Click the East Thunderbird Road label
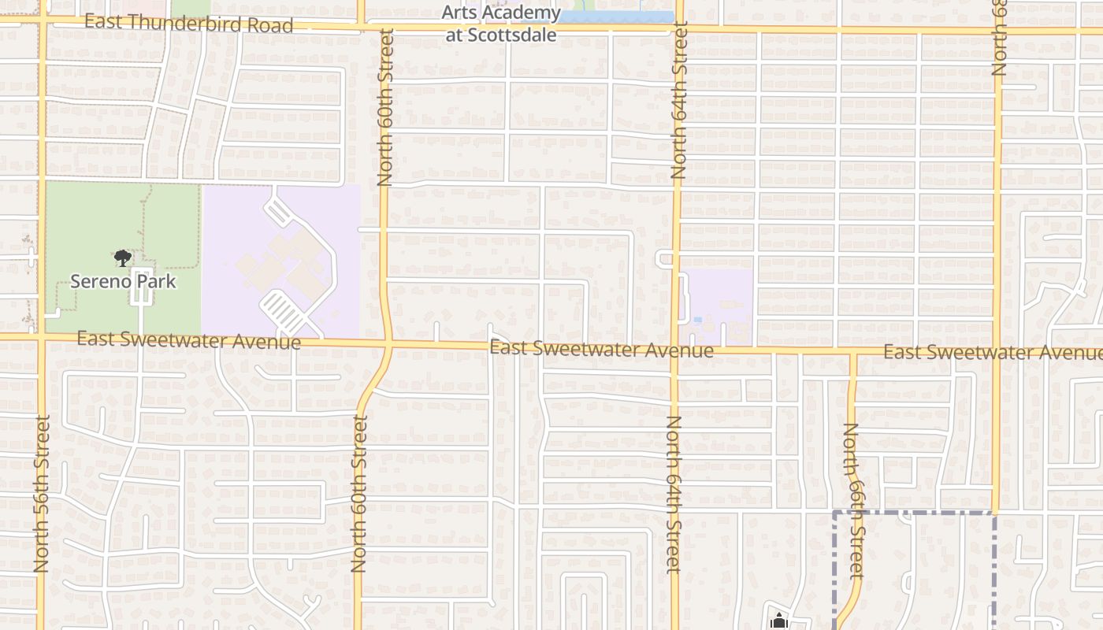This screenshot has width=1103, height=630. [x=188, y=23]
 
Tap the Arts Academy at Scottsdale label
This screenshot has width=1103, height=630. [x=501, y=24]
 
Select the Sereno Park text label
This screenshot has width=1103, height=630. [x=123, y=281]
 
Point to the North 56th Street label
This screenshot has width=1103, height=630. [x=43, y=494]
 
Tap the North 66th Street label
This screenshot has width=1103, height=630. [x=853, y=501]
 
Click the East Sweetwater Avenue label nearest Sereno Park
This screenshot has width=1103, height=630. [x=189, y=340]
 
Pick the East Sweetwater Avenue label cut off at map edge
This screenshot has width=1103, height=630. [x=992, y=352]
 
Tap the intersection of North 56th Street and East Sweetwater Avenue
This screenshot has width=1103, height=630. [x=41, y=336]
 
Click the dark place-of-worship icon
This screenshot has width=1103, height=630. [x=779, y=621]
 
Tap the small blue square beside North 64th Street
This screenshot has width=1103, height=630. [x=698, y=320]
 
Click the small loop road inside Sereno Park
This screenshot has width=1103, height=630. [x=140, y=293]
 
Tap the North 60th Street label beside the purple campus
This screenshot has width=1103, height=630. [x=385, y=107]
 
